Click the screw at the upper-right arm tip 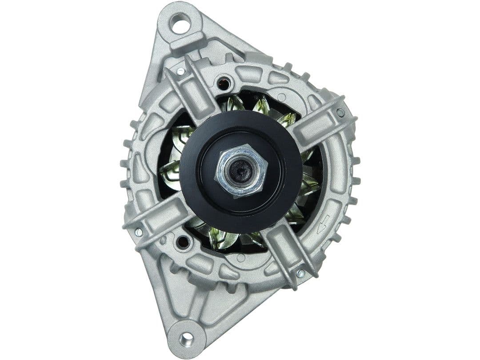(340, 112)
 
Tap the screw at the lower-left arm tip (139, 232)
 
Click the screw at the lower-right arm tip (301, 273)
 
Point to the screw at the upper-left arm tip (180, 71)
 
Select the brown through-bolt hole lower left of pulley (183, 242)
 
